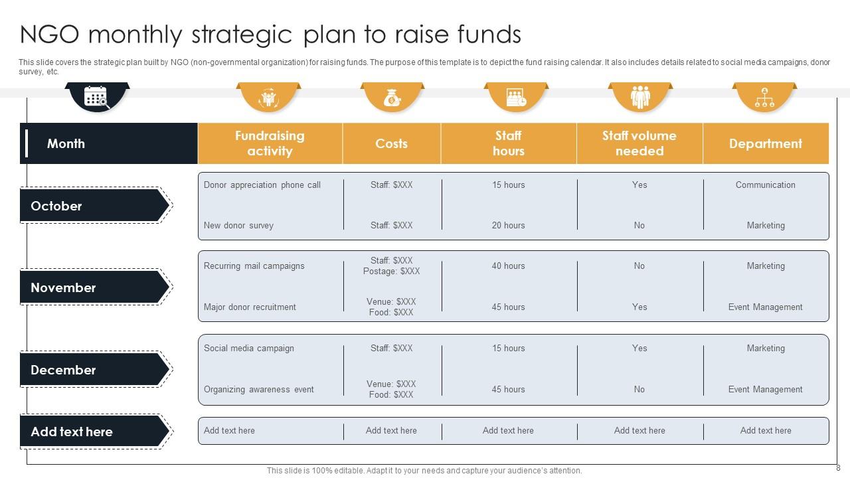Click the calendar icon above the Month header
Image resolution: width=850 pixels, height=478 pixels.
(x=96, y=97)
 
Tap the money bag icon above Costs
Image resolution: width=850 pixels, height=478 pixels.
(x=392, y=98)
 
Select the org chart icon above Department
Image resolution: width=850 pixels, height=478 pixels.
(x=764, y=97)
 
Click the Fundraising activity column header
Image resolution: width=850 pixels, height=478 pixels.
(x=270, y=143)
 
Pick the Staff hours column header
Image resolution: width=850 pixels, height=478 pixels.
(x=509, y=143)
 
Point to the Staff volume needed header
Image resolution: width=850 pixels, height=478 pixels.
(x=639, y=143)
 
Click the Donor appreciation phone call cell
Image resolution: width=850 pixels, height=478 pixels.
(x=262, y=185)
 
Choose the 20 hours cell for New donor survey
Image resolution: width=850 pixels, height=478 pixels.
(x=509, y=225)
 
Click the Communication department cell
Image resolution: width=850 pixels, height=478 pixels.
(x=766, y=185)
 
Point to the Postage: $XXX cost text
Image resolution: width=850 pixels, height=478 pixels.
(x=391, y=272)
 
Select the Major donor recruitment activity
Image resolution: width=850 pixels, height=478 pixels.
(x=250, y=307)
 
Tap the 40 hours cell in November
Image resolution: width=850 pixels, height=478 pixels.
(x=509, y=266)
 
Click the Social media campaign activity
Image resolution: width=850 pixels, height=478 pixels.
(x=249, y=349)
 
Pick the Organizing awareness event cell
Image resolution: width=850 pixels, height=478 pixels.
(x=259, y=389)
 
